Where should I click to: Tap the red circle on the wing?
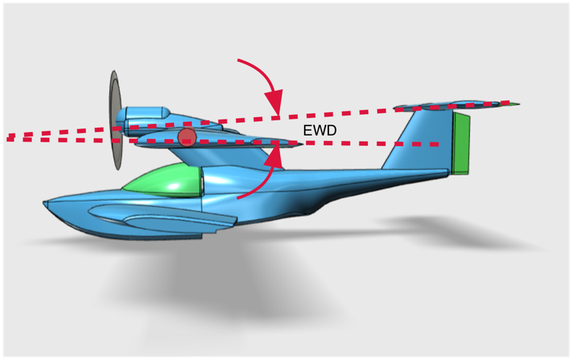[x=187, y=136]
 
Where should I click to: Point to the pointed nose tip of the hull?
[x=46, y=201]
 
